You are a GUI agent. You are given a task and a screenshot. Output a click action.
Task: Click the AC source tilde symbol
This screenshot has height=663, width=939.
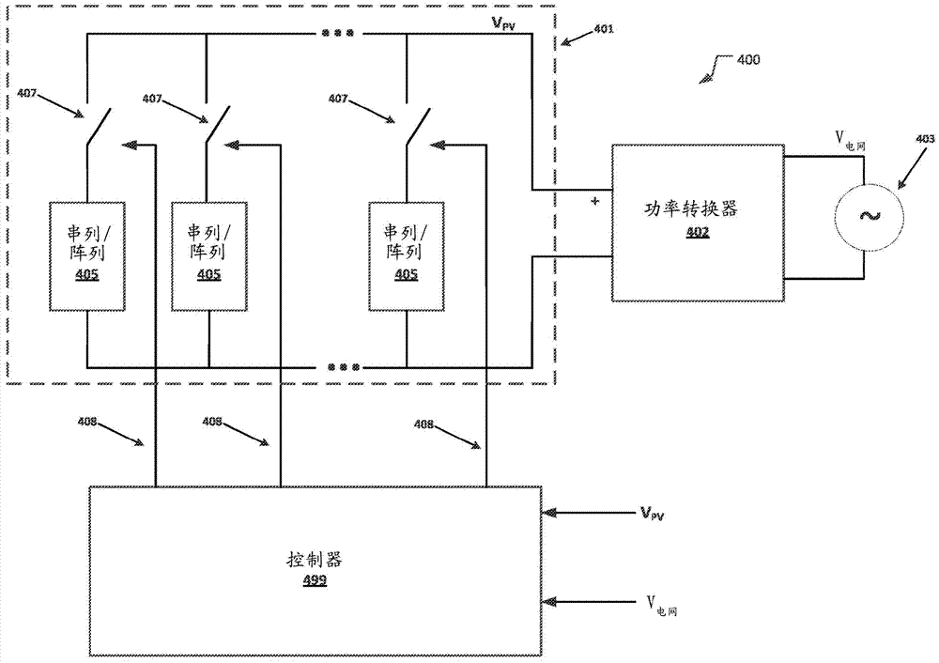(865, 216)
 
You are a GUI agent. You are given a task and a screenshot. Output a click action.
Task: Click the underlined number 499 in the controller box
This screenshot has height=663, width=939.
(315, 581)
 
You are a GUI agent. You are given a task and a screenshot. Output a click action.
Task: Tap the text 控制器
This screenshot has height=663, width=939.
(315, 561)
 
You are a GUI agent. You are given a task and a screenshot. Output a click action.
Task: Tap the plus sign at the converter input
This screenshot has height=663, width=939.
(594, 201)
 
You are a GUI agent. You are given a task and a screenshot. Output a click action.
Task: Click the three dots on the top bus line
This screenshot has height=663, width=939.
(338, 34)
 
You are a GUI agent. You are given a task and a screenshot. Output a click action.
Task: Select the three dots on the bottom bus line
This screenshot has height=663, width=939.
(343, 366)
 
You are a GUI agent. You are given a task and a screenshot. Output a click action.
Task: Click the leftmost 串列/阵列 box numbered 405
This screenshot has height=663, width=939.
(87, 255)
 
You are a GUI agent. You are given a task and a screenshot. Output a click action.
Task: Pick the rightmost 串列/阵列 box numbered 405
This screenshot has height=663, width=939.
(407, 255)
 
